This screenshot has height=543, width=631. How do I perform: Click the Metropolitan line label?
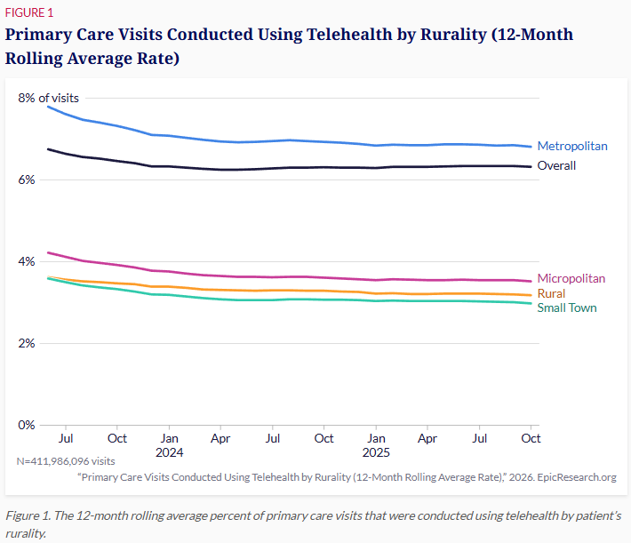(x=572, y=146)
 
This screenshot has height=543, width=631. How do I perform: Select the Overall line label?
(x=556, y=165)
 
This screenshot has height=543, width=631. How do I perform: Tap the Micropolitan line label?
(x=571, y=278)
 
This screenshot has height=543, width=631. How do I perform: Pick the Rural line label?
(x=551, y=293)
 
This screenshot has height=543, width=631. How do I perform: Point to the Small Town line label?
(x=567, y=307)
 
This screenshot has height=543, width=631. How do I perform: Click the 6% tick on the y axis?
(x=27, y=180)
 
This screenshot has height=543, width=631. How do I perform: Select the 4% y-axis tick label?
(x=27, y=261)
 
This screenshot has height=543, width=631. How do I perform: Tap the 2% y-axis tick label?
(x=27, y=343)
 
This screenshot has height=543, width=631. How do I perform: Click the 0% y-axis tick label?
(x=27, y=425)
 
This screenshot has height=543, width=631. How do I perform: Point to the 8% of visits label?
(x=48, y=98)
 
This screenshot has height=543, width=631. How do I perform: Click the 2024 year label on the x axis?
(x=170, y=452)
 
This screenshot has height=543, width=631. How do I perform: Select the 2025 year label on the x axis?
(x=376, y=452)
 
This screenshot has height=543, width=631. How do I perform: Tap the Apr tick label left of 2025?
(x=220, y=438)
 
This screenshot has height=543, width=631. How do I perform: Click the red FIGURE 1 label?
(x=29, y=12)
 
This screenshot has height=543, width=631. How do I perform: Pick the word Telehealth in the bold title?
(x=349, y=34)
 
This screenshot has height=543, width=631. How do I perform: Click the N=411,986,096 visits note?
(x=66, y=461)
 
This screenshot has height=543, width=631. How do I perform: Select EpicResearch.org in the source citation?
(x=577, y=477)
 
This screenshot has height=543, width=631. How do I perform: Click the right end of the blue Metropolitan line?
(x=531, y=147)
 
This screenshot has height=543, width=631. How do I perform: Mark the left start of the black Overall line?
(x=48, y=149)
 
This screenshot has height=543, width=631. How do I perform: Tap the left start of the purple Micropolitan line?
(x=48, y=252)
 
